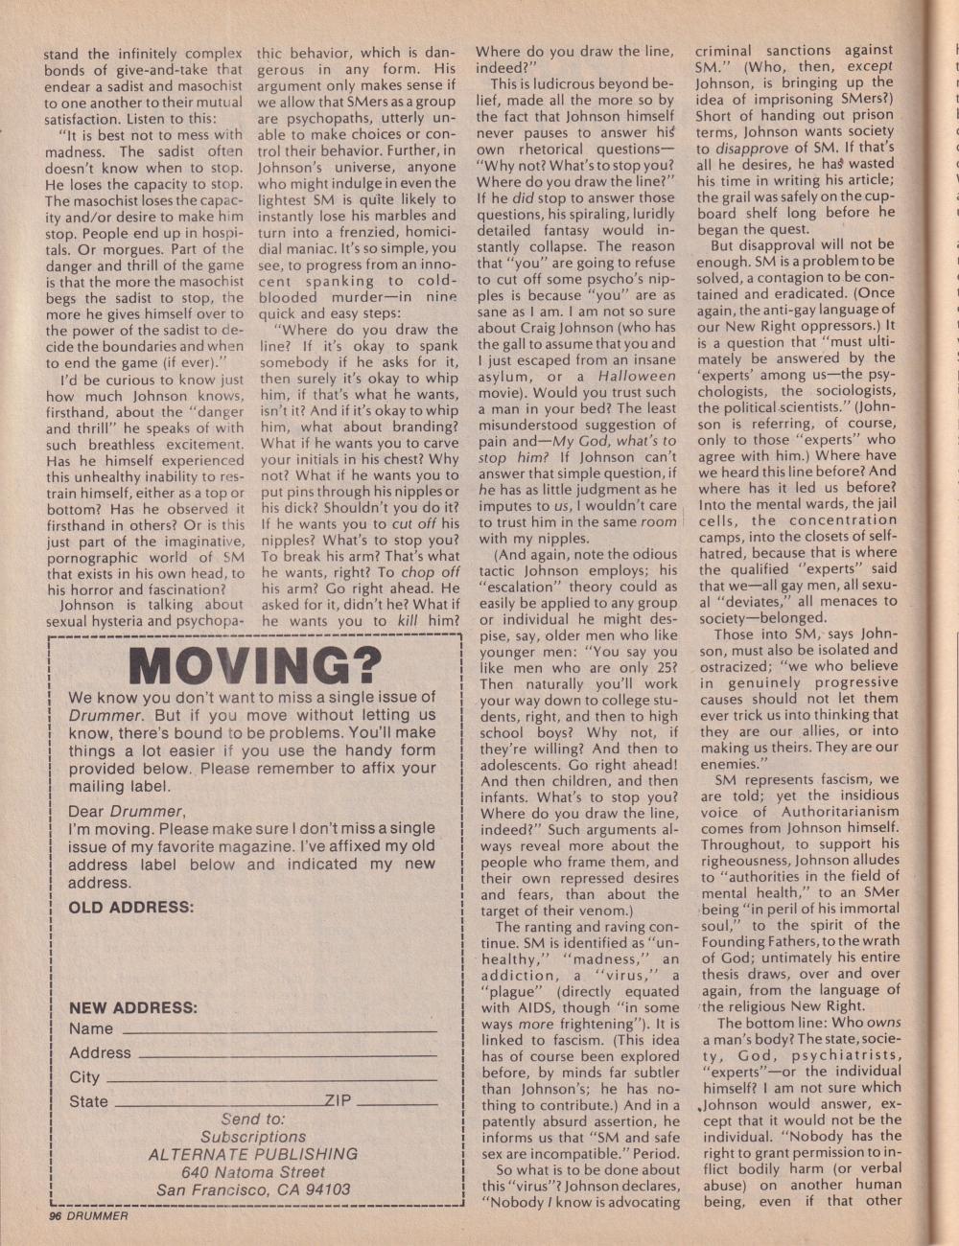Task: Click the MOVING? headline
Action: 254,663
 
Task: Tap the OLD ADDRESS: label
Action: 131,907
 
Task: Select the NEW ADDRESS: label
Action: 133,1007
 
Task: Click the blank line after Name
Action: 278,1031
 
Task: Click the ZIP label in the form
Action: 338,1101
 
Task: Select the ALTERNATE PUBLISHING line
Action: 253,1154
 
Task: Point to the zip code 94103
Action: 326,1189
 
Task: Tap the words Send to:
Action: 253,1119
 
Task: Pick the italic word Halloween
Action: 637,377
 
